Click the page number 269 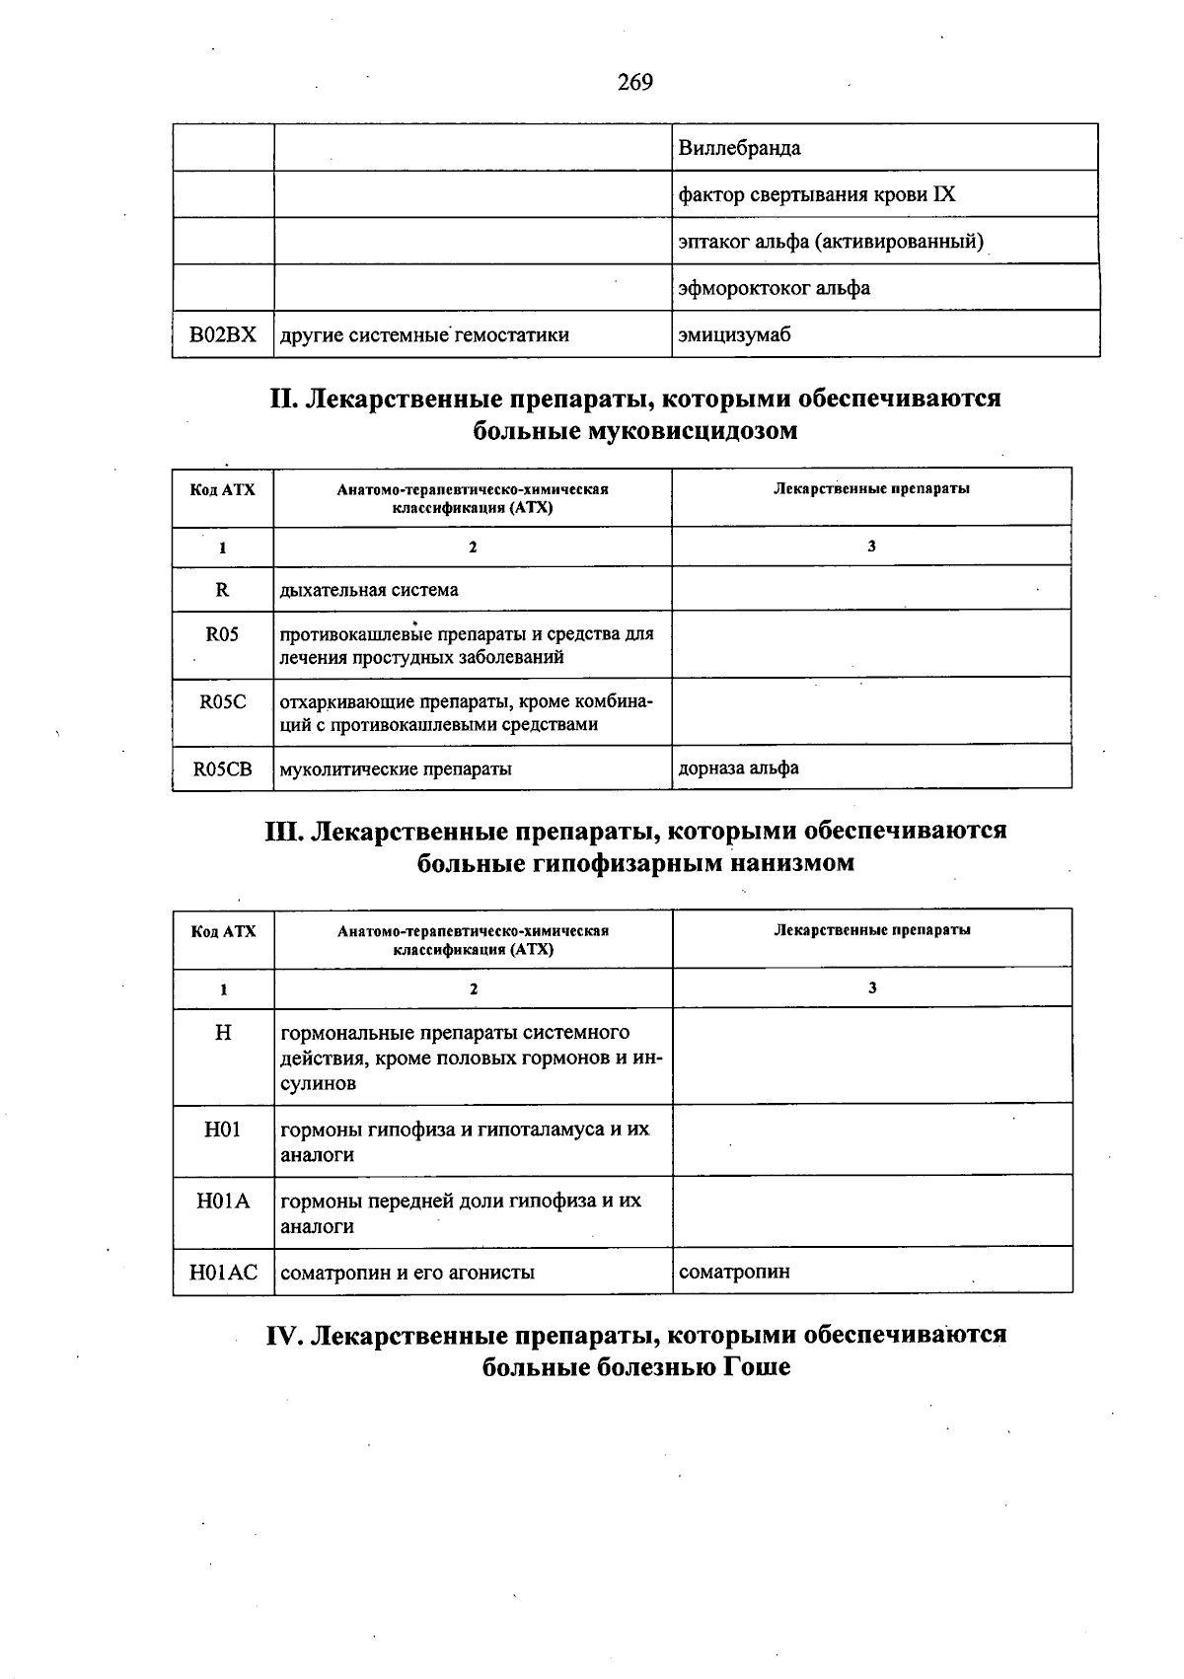(x=634, y=83)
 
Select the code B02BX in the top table (x=223, y=334)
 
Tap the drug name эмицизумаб (x=735, y=334)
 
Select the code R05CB (x=223, y=768)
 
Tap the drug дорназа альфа (x=739, y=767)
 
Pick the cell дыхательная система (x=369, y=590)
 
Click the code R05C (x=223, y=702)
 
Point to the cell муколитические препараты (x=396, y=768)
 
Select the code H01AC (x=223, y=1272)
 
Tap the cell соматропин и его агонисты (x=407, y=1272)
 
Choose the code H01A (x=223, y=1201)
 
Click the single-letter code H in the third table (x=223, y=1033)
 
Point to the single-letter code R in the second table (x=222, y=590)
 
